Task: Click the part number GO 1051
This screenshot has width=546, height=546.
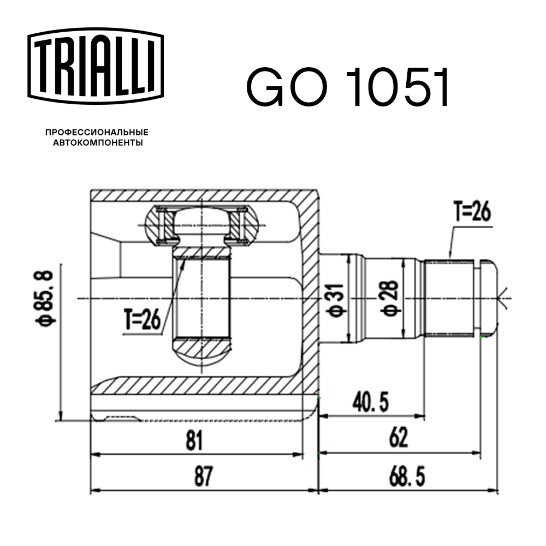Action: (348, 88)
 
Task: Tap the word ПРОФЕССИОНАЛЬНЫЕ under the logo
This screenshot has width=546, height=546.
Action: (97, 133)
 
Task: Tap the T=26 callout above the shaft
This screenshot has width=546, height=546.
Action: (472, 212)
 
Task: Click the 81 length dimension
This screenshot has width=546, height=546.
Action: (194, 440)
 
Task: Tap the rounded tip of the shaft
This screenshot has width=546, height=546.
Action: (489, 298)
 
